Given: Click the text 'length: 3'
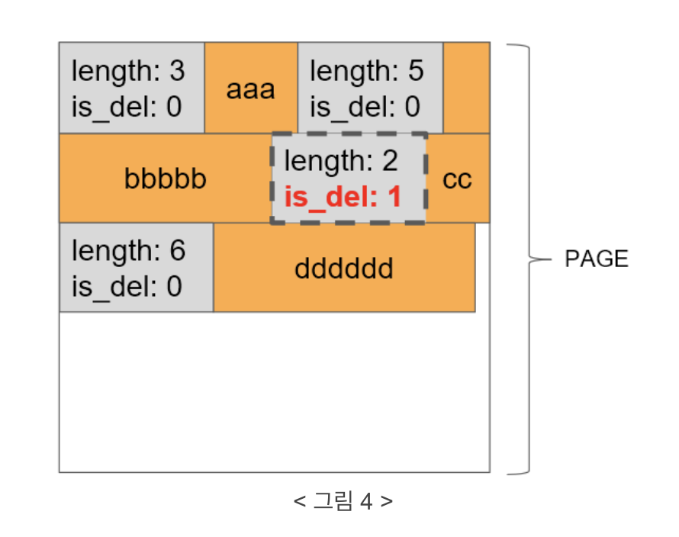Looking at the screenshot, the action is [128, 71].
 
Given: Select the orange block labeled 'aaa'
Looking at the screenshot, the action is [250, 89].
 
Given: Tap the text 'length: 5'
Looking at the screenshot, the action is [366, 71].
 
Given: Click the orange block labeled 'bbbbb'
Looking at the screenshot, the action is [165, 180].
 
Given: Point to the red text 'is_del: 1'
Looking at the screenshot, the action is [343, 198].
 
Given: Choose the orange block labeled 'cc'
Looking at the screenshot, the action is [458, 180].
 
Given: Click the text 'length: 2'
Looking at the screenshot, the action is [341, 162].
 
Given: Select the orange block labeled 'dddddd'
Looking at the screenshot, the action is [343, 268].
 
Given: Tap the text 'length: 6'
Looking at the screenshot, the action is [128, 250].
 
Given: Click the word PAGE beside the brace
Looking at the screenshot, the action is [597, 259].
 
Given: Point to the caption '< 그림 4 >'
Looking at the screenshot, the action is [343, 501].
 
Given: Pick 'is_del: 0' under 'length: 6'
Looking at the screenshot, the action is [127, 286].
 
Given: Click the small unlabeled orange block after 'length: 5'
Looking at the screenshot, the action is [466, 88].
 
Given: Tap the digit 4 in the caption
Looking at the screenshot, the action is [367, 501].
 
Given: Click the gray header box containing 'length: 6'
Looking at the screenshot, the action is [136, 268].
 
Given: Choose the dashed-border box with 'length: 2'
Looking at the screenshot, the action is [349, 179].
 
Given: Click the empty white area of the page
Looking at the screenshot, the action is [275, 393].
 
